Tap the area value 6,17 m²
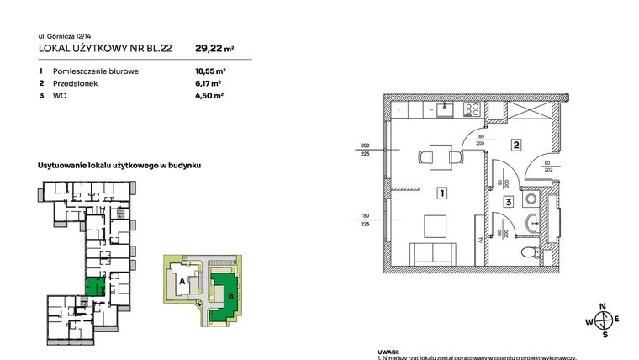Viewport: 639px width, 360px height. (x=209, y=84)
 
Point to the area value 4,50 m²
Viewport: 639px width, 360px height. (x=209, y=97)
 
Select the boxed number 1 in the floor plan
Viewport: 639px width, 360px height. (x=441, y=193)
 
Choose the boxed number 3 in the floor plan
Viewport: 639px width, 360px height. (x=509, y=201)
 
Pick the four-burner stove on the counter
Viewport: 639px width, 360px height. (x=473, y=109)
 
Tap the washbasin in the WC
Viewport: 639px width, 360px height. (x=532, y=222)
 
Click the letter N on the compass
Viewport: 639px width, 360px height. (x=602, y=306)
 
